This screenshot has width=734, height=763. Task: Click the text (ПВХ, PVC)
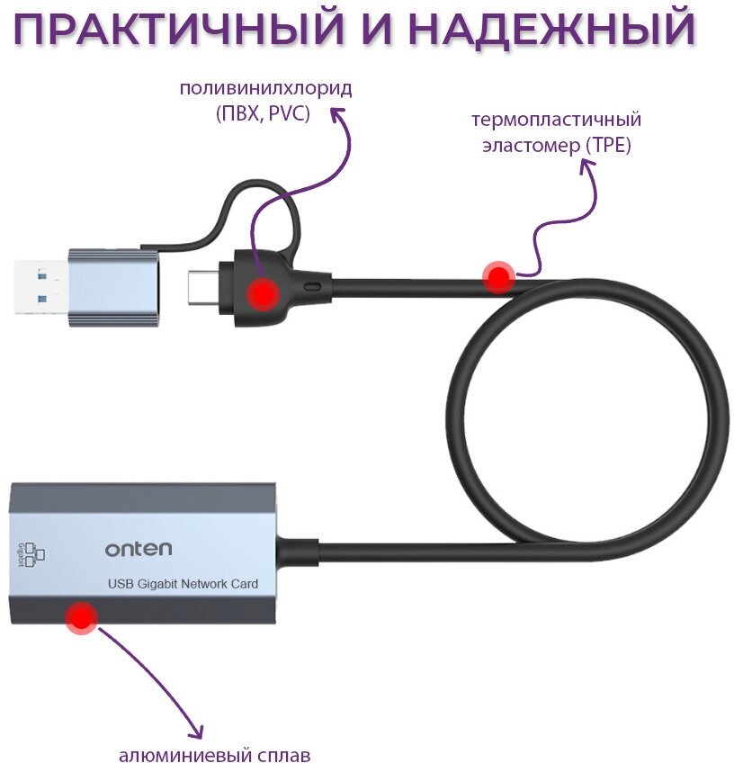tap(263, 114)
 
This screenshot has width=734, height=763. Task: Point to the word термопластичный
tap(557, 120)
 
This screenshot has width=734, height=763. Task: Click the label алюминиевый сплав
tap(214, 754)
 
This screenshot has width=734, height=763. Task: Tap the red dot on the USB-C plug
tap(262, 293)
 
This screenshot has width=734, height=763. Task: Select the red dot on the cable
tap(497, 277)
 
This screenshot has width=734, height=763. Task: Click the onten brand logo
tap(138, 548)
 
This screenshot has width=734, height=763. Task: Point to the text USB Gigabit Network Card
tap(183, 584)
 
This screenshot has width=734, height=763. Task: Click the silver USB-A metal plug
tap(40, 287)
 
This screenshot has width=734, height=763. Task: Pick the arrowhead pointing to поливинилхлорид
tap(337, 115)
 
